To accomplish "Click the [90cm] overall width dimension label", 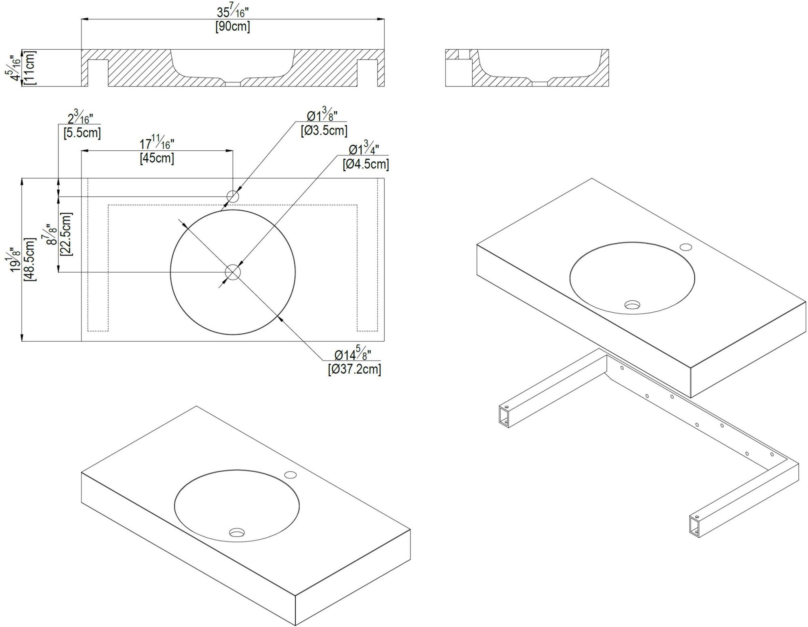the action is (x=233, y=27).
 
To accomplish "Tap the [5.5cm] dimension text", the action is (x=82, y=133).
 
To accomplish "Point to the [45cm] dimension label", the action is (x=157, y=158).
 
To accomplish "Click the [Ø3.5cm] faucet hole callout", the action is (x=324, y=130).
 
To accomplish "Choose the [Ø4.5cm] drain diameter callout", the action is (x=366, y=164).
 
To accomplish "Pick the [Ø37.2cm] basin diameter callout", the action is (x=354, y=369).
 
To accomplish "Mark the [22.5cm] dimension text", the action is (x=66, y=234).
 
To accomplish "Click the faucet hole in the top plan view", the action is (x=233, y=197).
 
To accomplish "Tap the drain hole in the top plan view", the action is (x=233, y=272).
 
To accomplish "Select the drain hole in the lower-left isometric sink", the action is (x=237, y=532).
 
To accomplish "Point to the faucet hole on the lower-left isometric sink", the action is (x=290, y=475).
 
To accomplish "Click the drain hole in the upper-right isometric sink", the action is (x=632, y=305).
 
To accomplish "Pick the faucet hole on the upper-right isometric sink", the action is (x=686, y=247).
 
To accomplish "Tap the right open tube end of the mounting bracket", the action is (x=695, y=526).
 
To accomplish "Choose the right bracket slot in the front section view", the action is (x=367, y=73).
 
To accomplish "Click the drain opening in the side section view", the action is (x=540, y=84).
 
